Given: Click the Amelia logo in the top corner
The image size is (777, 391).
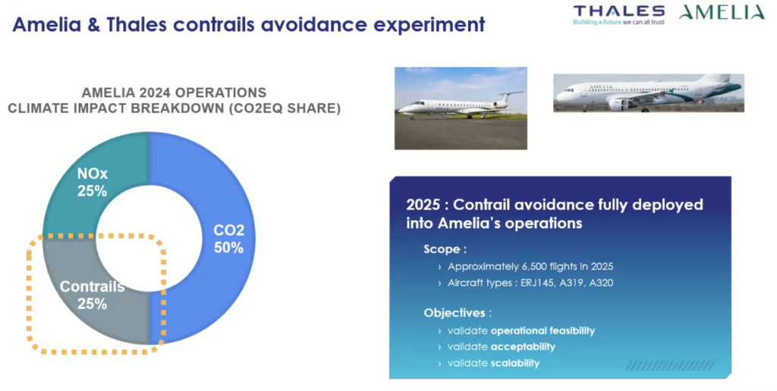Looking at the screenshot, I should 722,12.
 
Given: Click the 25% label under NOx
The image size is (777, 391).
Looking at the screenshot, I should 92,191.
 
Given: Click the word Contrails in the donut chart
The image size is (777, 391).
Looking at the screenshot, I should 92,286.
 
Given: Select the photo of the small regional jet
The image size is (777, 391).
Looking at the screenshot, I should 461,108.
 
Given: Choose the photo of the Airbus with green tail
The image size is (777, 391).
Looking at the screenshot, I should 648,93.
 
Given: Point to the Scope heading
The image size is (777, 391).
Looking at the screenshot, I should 445,249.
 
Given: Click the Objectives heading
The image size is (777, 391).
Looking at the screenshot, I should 458,312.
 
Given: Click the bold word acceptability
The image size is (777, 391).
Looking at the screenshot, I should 523,346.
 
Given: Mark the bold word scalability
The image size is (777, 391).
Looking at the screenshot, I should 515,363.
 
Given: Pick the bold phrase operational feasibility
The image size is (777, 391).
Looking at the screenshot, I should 543,330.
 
